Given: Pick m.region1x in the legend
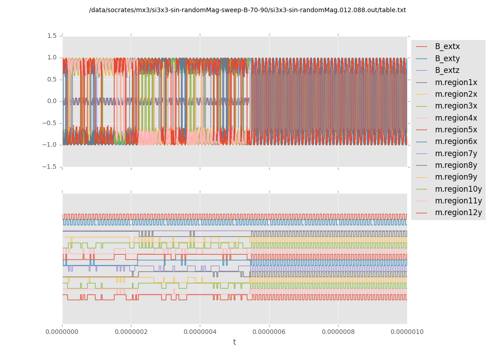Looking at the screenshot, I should click(456, 82).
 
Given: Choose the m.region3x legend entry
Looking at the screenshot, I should click(456, 106).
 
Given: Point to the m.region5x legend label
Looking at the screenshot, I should click(456, 130).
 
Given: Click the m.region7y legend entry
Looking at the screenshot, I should click(456, 153).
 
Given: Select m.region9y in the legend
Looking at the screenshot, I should click(456, 177).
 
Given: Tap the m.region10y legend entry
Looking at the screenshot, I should click(458, 189).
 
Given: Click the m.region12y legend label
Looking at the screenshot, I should click(458, 212).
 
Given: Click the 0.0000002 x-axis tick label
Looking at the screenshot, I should click(131, 332).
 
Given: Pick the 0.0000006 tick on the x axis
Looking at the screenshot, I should click(269, 332).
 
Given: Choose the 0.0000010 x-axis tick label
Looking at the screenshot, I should click(407, 332).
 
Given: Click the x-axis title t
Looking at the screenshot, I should click(234, 342).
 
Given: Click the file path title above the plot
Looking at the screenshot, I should click(247, 10).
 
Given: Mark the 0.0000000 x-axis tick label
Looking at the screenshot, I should click(63, 332).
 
